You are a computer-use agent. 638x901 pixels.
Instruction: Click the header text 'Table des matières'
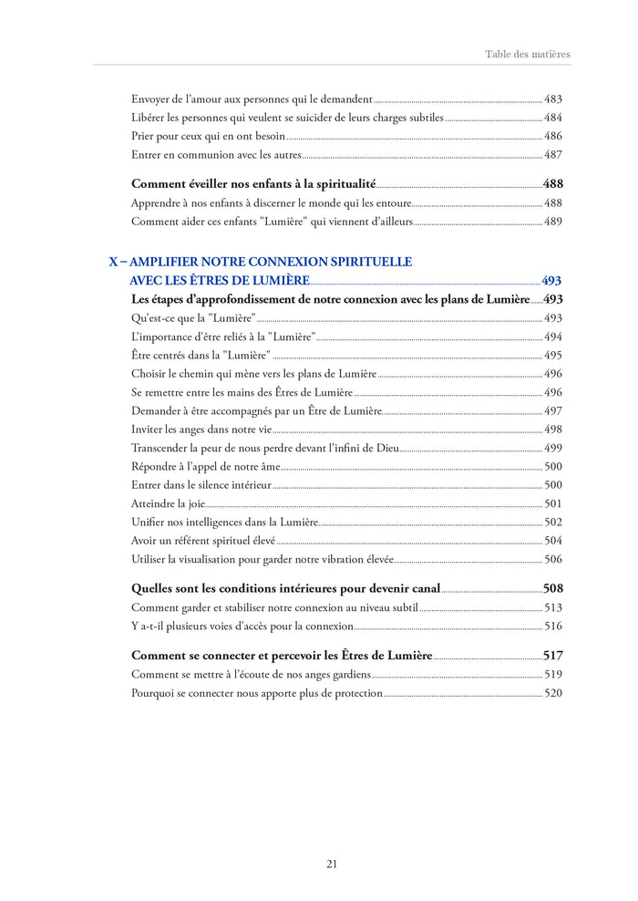pyautogui.click(x=527, y=54)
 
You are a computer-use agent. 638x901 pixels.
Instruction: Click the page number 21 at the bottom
pyautogui.click(x=332, y=864)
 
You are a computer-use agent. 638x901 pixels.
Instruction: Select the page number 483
pyautogui.click(x=553, y=98)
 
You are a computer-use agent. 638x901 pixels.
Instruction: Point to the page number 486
pyautogui.click(x=553, y=136)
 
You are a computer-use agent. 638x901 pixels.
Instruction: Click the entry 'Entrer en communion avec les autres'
pyautogui.click(x=216, y=154)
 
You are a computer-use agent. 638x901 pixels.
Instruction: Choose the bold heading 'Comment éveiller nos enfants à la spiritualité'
pyautogui.click(x=253, y=183)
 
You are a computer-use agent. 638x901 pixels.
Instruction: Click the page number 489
pyautogui.click(x=553, y=221)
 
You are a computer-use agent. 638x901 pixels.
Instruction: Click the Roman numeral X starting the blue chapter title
pyautogui.click(x=114, y=262)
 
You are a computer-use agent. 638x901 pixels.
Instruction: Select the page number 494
pyautogui.click(x=553, y=337)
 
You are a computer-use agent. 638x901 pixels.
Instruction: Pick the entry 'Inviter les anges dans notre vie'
pyautogui.click(x=201, y=429)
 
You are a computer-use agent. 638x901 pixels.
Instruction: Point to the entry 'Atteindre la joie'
pyautogui.click(x=168, y=503)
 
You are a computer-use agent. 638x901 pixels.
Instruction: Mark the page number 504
pyautogui.click(x=553, y=541)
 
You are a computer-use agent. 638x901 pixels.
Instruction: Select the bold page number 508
pyautogui.click(x=552, y=588)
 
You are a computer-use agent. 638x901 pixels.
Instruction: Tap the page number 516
pyautogui.click(x=553, y=626)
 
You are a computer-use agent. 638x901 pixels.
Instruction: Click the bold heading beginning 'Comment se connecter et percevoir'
pyautogui.click(x=282, y=655)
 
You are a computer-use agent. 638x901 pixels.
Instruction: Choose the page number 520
pyautogui.click(x=553, y=693)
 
